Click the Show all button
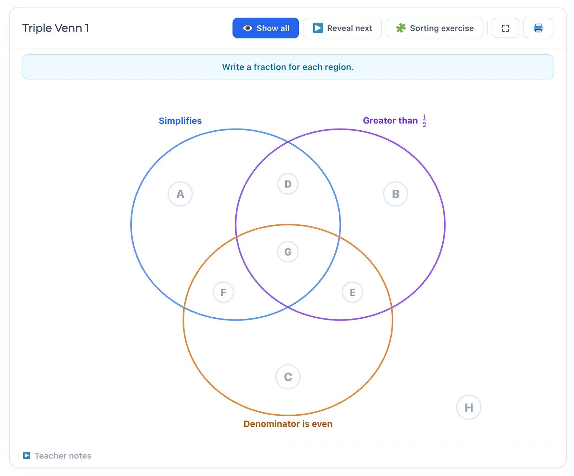pos(265,28)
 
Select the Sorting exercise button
pos(434,28)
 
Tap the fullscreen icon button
pos(505,28)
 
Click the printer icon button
pos(538,28)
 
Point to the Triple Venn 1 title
pos(56,28)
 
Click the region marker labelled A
pos(180,194)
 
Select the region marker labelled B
pos(396,194)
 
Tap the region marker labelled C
pos(288,377)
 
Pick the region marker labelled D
pos(288,184)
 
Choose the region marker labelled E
pos(353,292)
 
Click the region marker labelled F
pos(223,292)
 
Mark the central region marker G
pos(288,252)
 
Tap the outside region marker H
pos(469,407)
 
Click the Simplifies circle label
pos(180,121)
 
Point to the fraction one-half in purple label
pos(424,121)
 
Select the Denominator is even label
pos(288,424)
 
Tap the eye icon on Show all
pos(248,28)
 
